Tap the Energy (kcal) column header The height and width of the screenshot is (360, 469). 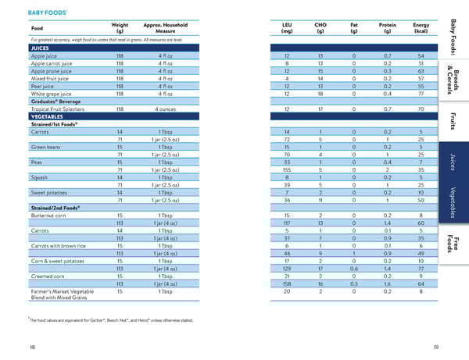click(421, 28)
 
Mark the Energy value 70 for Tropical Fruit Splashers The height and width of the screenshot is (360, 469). click(421, 109)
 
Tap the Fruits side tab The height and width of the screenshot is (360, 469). click(453, 121)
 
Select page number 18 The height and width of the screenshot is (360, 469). click(31, 346)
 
